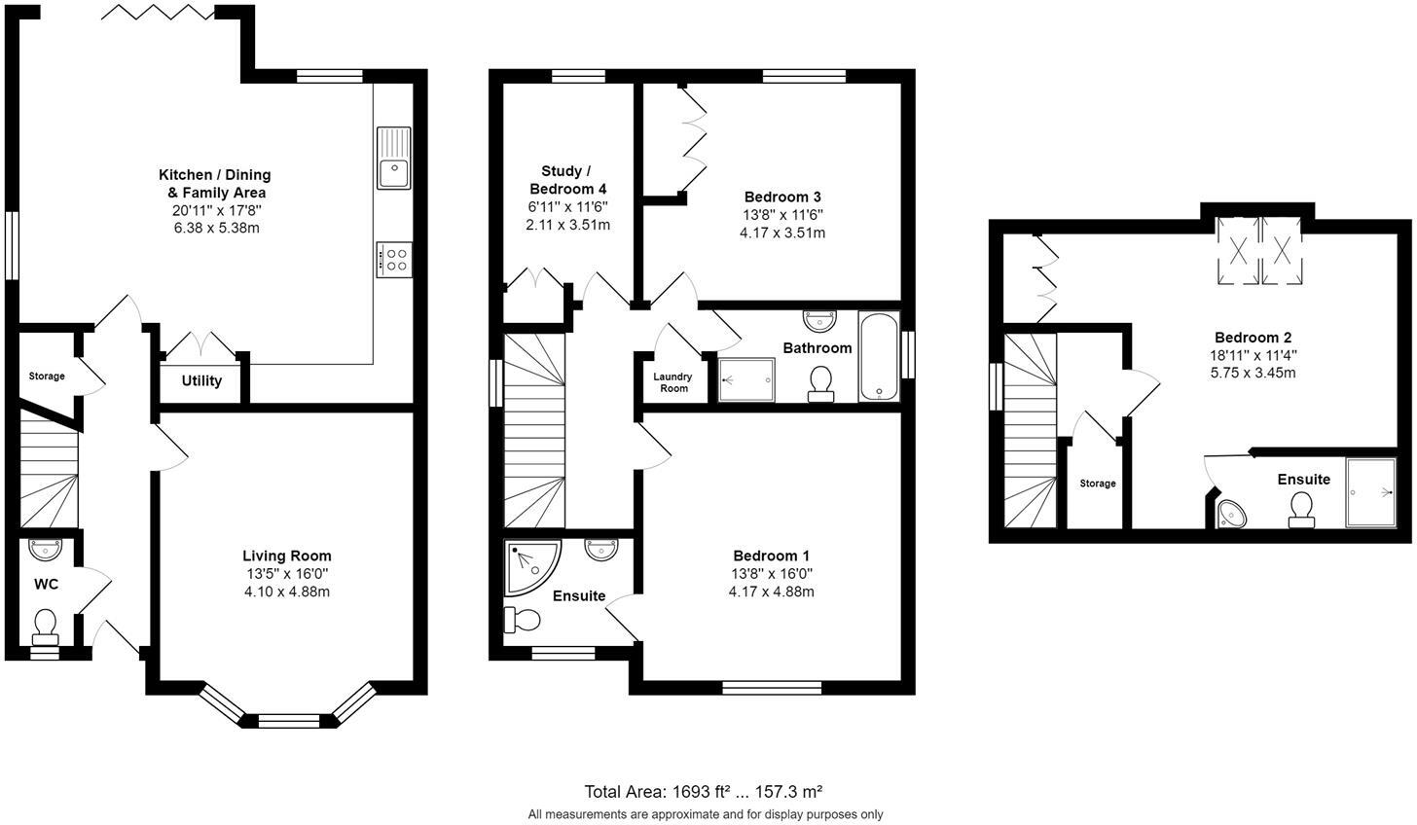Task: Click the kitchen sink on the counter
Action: tap(393, 159)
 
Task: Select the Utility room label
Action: tap(201, 380)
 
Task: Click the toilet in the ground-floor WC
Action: tap(45, 626)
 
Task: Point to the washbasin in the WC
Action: tap(45, 550)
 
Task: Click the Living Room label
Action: tap(287, 556)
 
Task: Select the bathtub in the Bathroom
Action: tap(879, 356)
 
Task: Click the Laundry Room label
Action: tap(672, 382)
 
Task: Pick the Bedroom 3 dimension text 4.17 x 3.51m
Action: tap(782, 233)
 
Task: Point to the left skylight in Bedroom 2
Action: tap(1238, 250)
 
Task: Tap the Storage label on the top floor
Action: tap(1098, 484)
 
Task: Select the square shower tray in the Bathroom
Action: tap(746, 379)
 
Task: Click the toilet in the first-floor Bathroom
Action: tap(820, 382)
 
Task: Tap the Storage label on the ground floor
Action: tap(47, 376)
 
